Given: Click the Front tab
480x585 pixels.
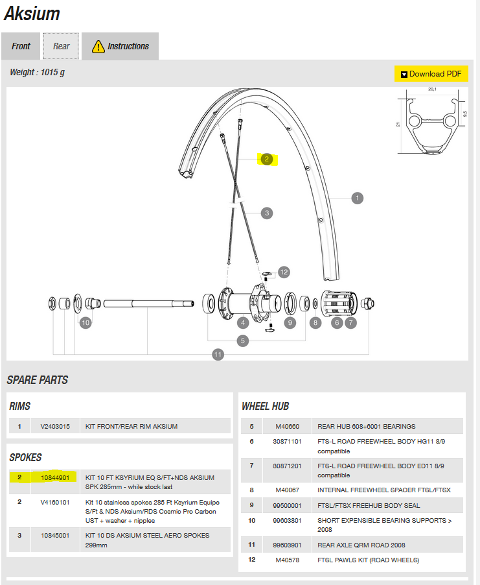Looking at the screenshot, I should click(21, 46).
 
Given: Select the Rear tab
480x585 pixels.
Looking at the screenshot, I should click(62, 46).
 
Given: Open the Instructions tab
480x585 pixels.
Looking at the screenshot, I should click(120, 46).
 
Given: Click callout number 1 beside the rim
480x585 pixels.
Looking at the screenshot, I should click(357, 198).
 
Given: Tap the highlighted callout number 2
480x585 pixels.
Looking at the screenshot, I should click(266, 159).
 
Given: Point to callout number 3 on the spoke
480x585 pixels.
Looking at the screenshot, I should click(266, 213).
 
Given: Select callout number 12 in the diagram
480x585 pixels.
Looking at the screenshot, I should click(284, 272).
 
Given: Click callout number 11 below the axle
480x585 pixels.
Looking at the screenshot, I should click(218, 354).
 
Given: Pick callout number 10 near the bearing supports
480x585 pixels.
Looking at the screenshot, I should click(86, 322).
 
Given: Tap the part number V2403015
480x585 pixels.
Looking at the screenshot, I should click(54, 426).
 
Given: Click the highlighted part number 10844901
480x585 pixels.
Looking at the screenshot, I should click(54, 477).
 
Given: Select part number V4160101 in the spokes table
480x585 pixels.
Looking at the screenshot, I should click(54, 503).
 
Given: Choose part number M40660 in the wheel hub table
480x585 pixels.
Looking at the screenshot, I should click(287, 426).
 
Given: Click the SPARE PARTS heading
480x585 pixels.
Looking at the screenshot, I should click(38, 380).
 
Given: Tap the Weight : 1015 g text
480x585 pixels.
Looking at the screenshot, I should click(37, 72).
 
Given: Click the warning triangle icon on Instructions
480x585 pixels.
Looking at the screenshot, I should click(98, 46).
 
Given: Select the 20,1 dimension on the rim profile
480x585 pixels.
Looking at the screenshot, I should click(433, 90).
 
